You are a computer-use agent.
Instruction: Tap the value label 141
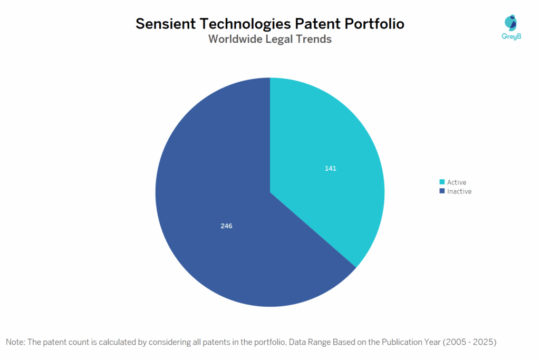click(x=331, y=169)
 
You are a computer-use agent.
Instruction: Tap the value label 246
click(x=226, y=226)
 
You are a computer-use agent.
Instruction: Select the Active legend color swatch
click(x=442, y=182)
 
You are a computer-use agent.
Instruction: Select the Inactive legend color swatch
click(x=442, y=191)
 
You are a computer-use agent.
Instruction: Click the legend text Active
click(x=457, y=182)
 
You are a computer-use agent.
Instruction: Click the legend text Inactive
click(x=459, y=191)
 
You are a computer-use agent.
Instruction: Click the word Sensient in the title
click(x=168, y=24)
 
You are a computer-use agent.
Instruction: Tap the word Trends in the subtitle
click(x=314, y=39)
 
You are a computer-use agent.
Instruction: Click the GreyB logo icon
click(x=510, y=23)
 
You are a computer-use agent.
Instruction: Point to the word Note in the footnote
click(x=16, y=342)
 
